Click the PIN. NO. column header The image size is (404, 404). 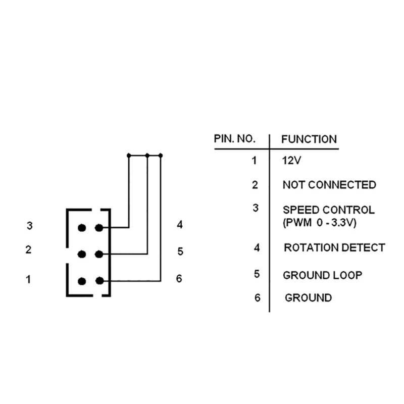click(x=235, y=139)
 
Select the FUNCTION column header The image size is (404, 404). click(x=309, y=139)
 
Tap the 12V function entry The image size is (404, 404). click(x=291, y=161)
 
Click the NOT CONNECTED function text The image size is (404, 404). click(x=329, y=185)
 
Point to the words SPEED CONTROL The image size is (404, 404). click(x=329, y=210)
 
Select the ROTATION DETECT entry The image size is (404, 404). click(x=334, y=248)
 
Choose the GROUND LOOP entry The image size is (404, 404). click(x=322, y=275)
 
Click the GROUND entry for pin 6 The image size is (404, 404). click(x=308, y=298)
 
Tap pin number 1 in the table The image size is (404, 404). click(x=255, y=161)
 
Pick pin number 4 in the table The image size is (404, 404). click(x=257, y=248)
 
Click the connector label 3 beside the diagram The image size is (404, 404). click(x=30, y=226)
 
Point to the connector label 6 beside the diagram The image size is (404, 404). click(x=179, y=279)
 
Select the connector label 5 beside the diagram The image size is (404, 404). click(x=180, y=251)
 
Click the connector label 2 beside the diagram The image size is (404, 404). click(x=29, y=249)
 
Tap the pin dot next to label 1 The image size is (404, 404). click(x=82, y=281)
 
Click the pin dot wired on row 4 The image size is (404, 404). click(x=99, y=228)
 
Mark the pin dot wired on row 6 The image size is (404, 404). click(x=99, y=281)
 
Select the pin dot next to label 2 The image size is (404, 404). click(x=82, y=254)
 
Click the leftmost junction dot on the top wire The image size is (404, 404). click(x=129, y=156)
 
